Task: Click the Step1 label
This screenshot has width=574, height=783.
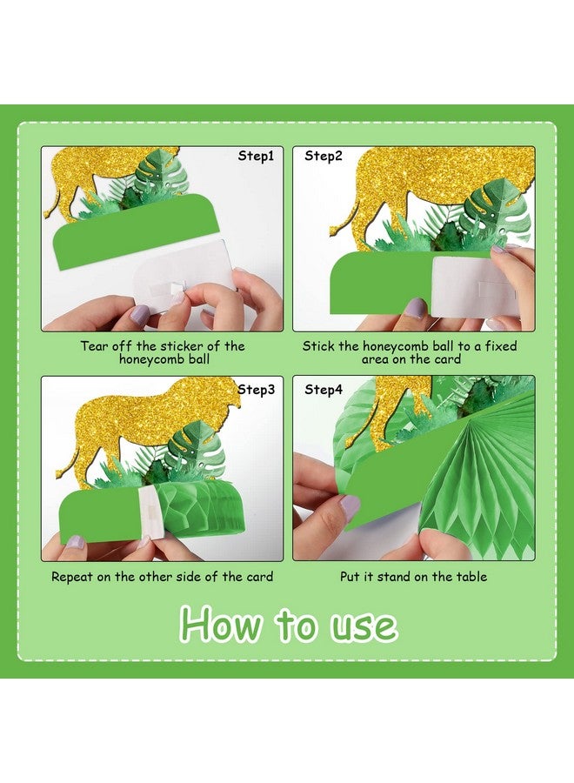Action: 257,157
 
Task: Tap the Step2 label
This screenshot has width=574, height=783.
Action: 324,157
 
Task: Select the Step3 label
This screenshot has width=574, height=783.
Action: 257,390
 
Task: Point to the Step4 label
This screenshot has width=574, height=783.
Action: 324,390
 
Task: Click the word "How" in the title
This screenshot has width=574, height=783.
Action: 222,625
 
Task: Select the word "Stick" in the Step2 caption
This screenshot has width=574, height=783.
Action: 318,345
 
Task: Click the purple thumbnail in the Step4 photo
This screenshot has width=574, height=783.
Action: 350,505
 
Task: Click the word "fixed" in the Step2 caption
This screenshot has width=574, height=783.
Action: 498,345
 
